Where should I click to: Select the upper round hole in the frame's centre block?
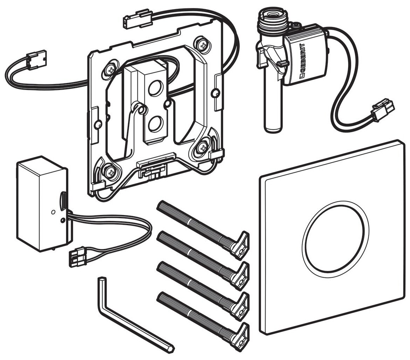pyautogui.click(x=154, y=89)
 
